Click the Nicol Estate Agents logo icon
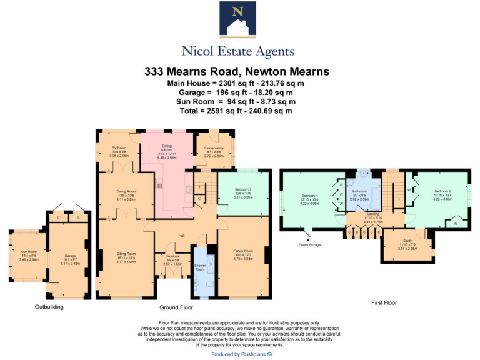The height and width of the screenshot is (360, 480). pyautogui.click(x=237, y=19)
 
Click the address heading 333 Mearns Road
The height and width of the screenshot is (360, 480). pyautogui.click(x=237, y=71)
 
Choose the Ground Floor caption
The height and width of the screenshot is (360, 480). pyautogui.click(x=175, y=307)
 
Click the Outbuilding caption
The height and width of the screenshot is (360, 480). pyautogui.click(x=49, y=307)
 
